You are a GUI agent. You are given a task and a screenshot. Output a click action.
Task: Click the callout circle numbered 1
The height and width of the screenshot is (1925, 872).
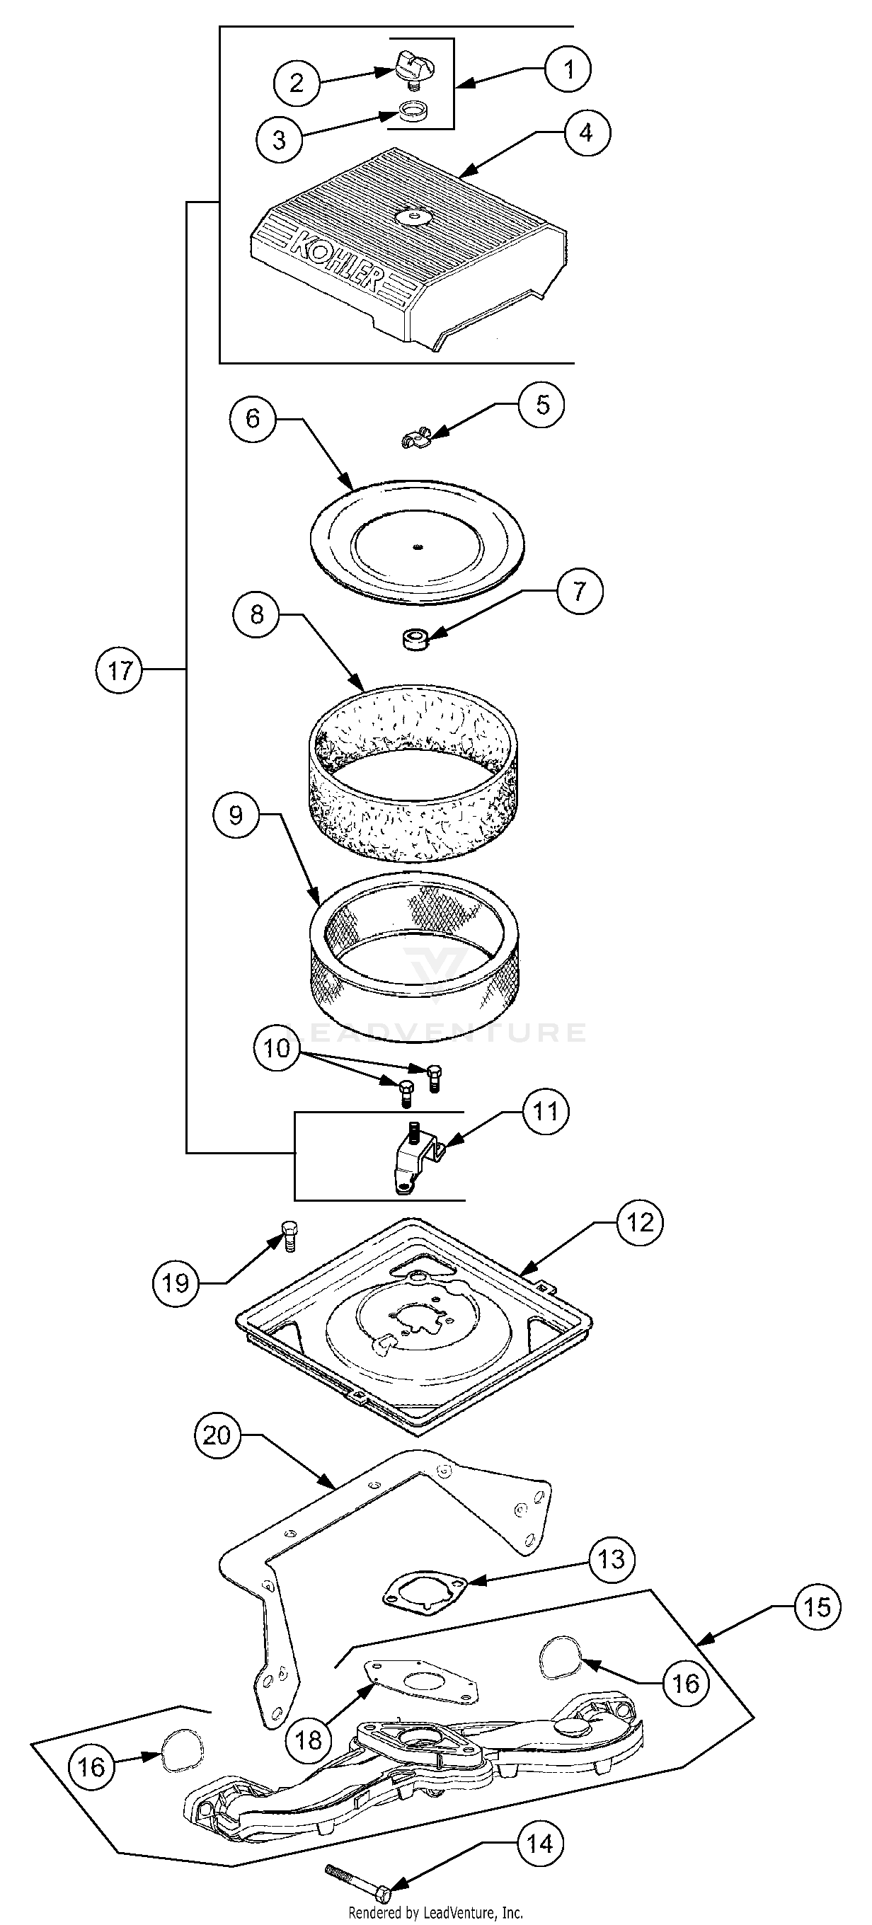pos(568,69)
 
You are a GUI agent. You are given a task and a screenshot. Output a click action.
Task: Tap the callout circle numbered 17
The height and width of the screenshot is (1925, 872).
pos(120,670)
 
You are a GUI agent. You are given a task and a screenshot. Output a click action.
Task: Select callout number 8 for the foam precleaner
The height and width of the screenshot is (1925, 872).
pos(257,614)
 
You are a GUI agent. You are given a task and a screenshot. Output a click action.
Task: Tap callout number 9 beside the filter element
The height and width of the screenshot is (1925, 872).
pos(236,815)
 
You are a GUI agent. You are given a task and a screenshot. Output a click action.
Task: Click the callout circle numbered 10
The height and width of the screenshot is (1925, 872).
pos(277,1047)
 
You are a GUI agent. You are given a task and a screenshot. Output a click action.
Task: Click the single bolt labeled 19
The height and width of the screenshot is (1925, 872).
pos(287,1237)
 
